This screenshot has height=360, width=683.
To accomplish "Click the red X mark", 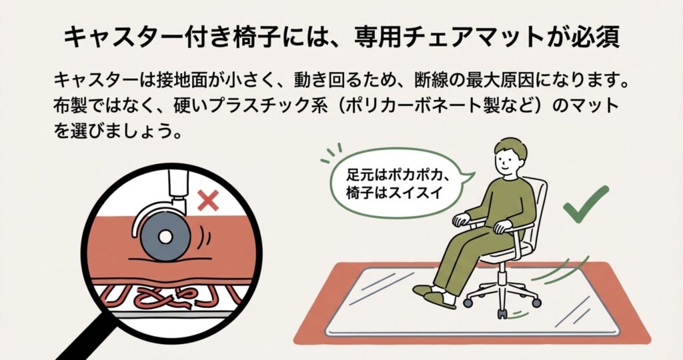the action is tap(208, 201).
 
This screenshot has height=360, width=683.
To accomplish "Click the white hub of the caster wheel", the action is tap(165, 237).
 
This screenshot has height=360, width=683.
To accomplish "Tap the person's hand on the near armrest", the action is tap(502, 226).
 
